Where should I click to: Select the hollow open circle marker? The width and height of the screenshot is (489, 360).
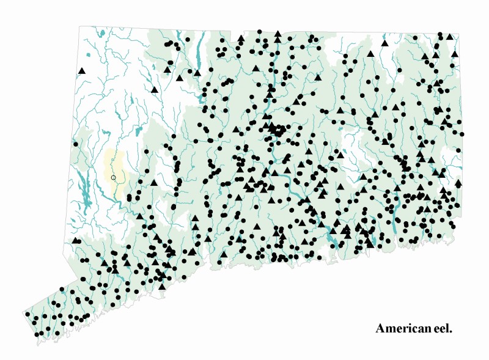click(x=113, y=177)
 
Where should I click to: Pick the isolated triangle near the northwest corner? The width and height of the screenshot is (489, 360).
click(x=81, y=72)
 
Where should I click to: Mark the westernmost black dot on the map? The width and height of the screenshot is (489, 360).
click(x=27, y=314)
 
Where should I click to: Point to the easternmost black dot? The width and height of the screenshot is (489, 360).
click(x=462, y=134)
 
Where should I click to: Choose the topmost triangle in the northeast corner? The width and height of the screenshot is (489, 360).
click(x=450, y=37)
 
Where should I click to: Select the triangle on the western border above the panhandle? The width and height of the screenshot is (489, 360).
click(x=75, y=240)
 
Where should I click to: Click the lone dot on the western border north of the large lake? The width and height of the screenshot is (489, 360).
click(x=76, y=145)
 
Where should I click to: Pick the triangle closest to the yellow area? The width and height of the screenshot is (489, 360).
click(x=153, y=182)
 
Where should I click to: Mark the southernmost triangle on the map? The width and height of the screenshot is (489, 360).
click(x=162, y=286)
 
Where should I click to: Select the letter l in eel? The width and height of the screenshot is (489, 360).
click(x=448, y=329)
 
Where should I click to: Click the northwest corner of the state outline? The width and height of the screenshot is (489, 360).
click(x=80, y=26)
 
